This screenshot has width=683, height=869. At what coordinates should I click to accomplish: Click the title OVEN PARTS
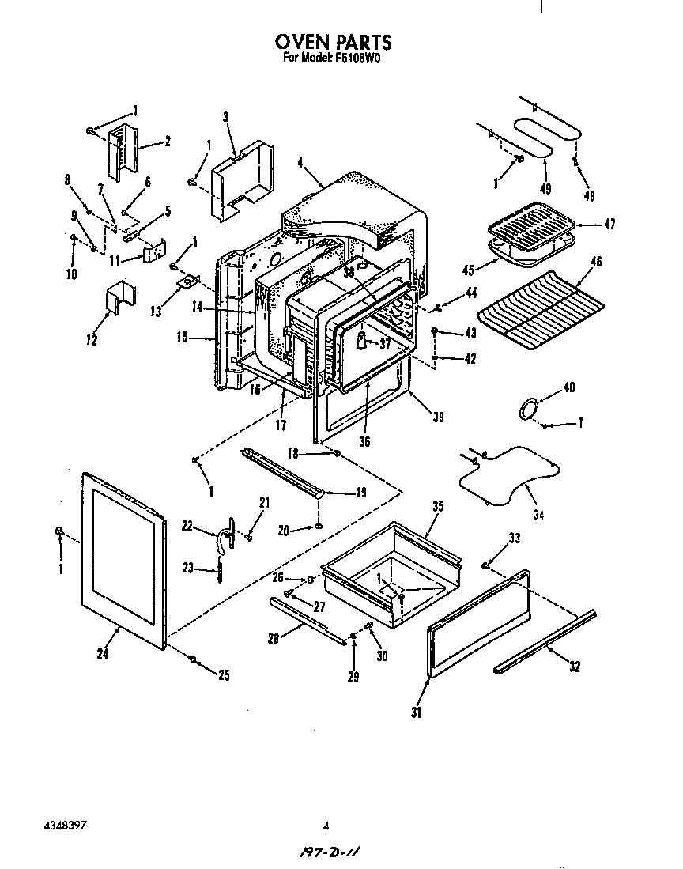333,42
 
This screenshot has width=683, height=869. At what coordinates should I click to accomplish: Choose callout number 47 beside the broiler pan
609,224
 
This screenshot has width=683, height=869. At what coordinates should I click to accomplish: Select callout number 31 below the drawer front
416,712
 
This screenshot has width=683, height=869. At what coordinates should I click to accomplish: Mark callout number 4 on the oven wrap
300,164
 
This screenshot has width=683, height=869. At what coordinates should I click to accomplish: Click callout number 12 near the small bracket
92,340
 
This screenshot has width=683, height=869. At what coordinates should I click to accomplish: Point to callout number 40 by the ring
568,387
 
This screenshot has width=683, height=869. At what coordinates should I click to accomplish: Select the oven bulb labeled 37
360,340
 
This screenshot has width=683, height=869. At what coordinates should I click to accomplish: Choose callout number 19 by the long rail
360,493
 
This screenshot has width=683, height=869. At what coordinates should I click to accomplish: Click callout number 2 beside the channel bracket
168,142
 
